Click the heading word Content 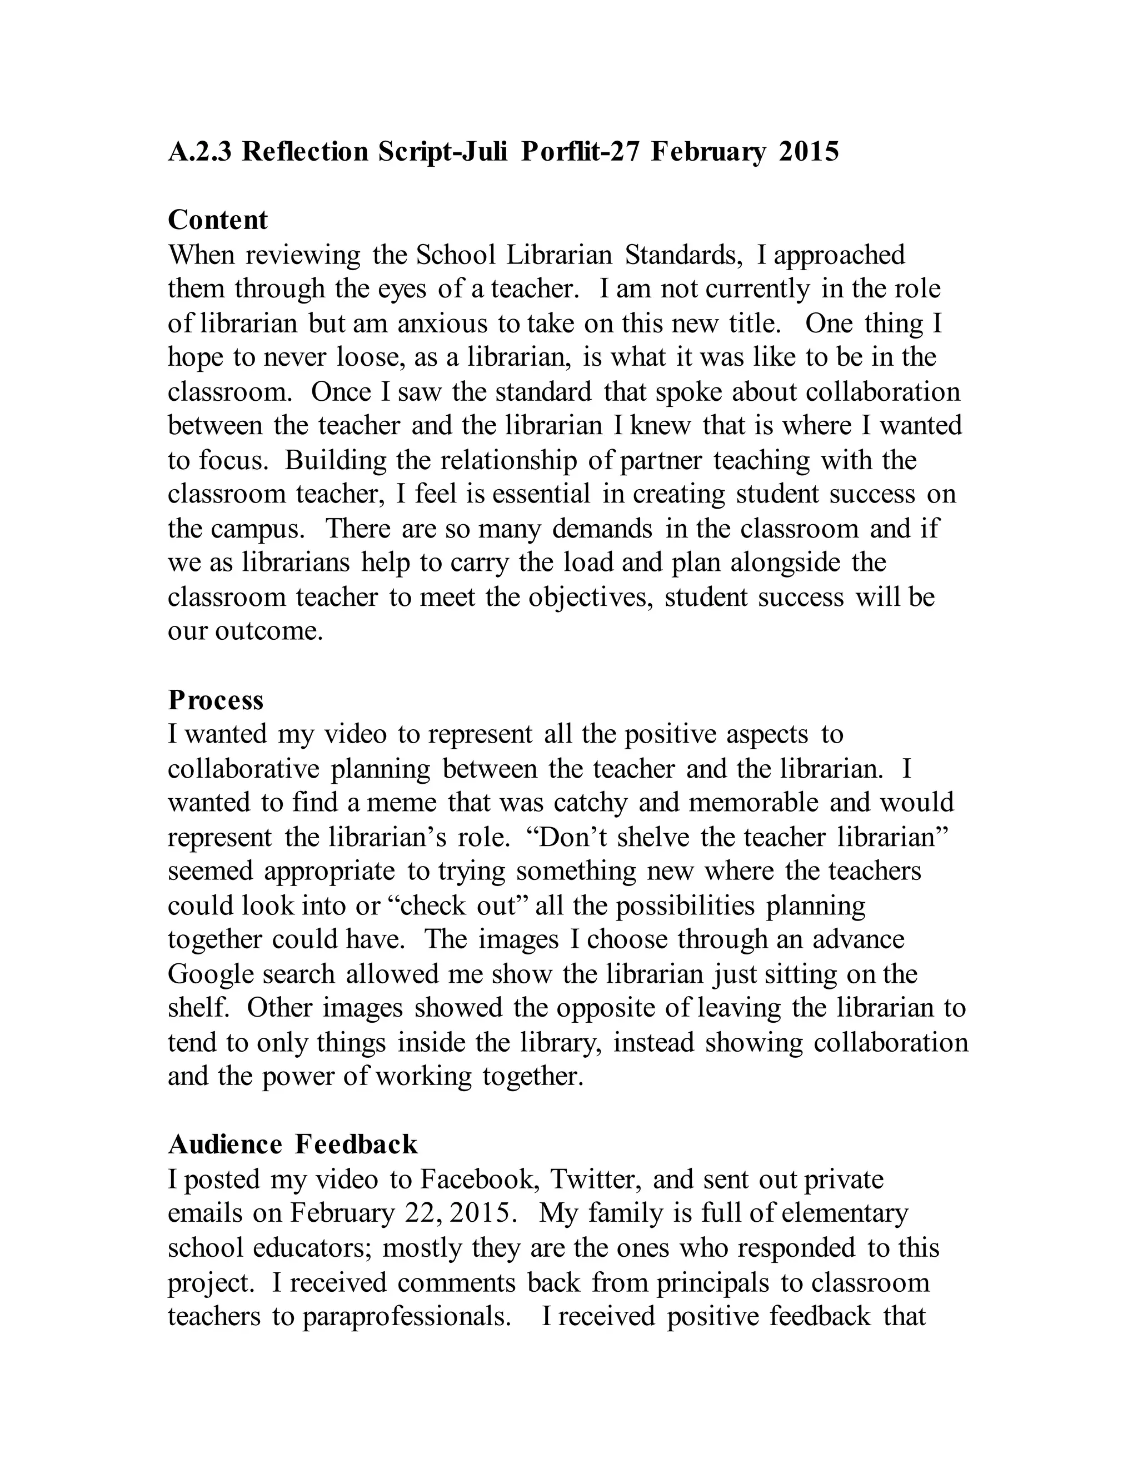coord(217,220)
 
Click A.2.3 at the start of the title coord(199,152)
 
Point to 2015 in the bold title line coord(808,152)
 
